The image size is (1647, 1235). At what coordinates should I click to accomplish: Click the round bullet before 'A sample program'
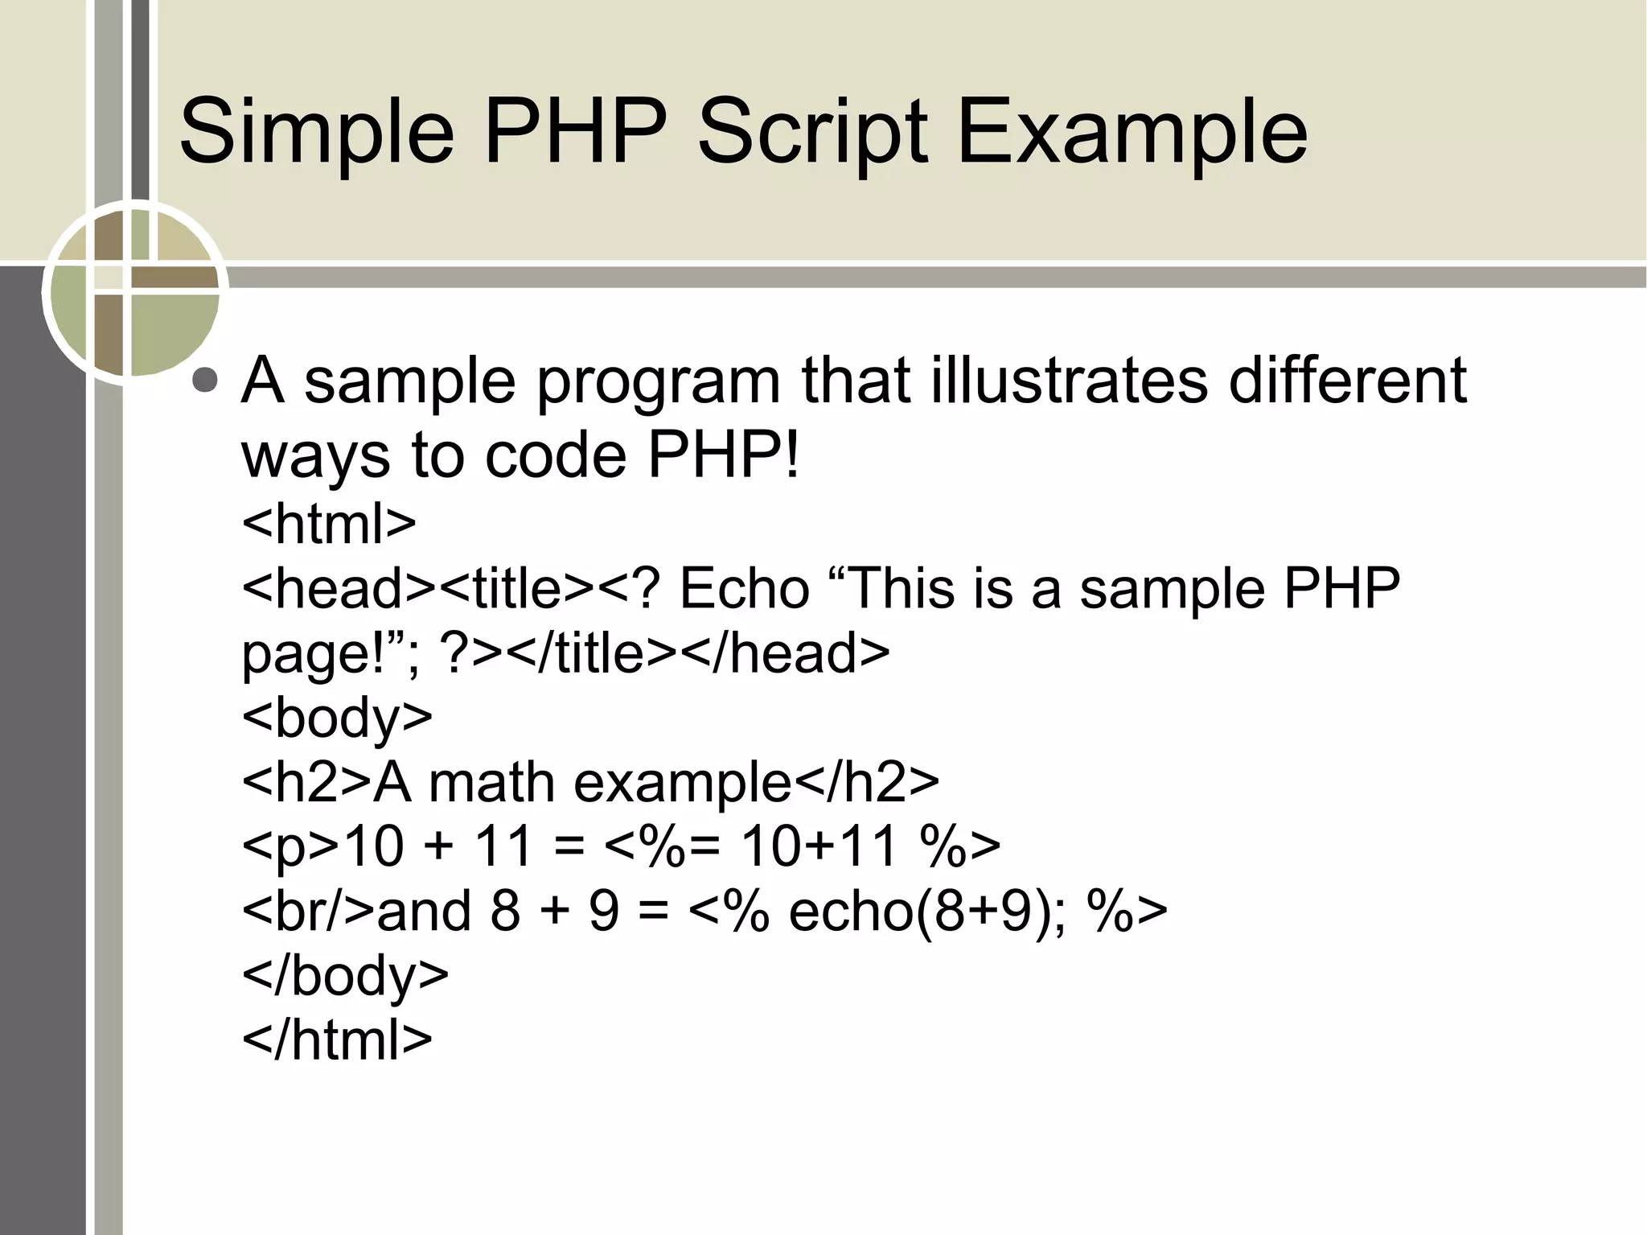coord(206,380)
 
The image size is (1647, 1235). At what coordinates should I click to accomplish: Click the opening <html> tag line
coord(329,523)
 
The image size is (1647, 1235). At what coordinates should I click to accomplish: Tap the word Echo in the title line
coord(744,588)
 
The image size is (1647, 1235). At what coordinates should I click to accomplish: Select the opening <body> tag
coord(337,717)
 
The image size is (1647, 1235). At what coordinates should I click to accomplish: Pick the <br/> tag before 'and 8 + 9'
coord(308,912)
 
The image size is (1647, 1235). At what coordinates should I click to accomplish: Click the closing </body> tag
coord(345,976)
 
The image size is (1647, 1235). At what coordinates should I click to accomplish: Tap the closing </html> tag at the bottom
coord(337,1040)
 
